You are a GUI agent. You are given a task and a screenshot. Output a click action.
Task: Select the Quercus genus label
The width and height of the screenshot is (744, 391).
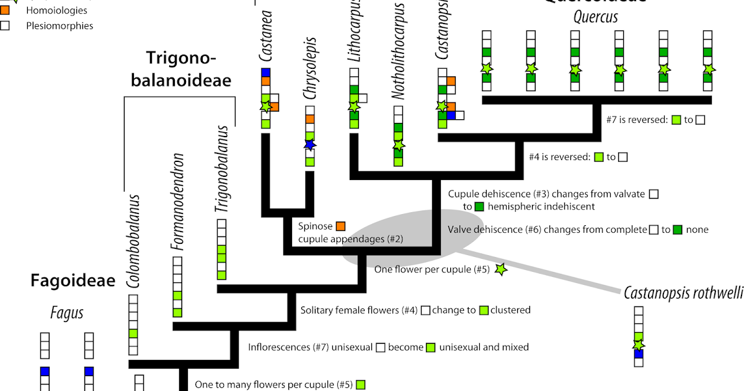(x=595, y=17)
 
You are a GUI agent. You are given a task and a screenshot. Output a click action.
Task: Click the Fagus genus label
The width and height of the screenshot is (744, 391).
(x=66, y=313)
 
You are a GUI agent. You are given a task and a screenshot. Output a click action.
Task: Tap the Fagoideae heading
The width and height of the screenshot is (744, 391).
(x=73, y=281)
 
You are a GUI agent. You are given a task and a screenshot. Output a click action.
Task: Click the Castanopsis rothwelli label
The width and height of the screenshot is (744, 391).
(x=682, y=292)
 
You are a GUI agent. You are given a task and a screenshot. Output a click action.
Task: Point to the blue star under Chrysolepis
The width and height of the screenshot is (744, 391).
(x=310, y=145)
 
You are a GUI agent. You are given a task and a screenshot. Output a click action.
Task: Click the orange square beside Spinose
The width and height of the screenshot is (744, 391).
(x=340, y=226)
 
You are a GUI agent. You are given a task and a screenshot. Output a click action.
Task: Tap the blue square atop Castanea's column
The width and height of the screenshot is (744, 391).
(x=266, y=73)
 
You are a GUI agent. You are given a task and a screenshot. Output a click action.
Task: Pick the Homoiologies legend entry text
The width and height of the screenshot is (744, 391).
(x=56, y=11)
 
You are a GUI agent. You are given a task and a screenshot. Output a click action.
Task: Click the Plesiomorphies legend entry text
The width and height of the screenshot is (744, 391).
(x=60, y=26)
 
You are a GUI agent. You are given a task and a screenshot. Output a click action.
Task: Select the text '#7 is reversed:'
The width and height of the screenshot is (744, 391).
(x=638, y=120)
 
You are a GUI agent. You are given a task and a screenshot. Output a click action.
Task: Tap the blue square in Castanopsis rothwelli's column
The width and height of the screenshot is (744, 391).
(x=639, y=354)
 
